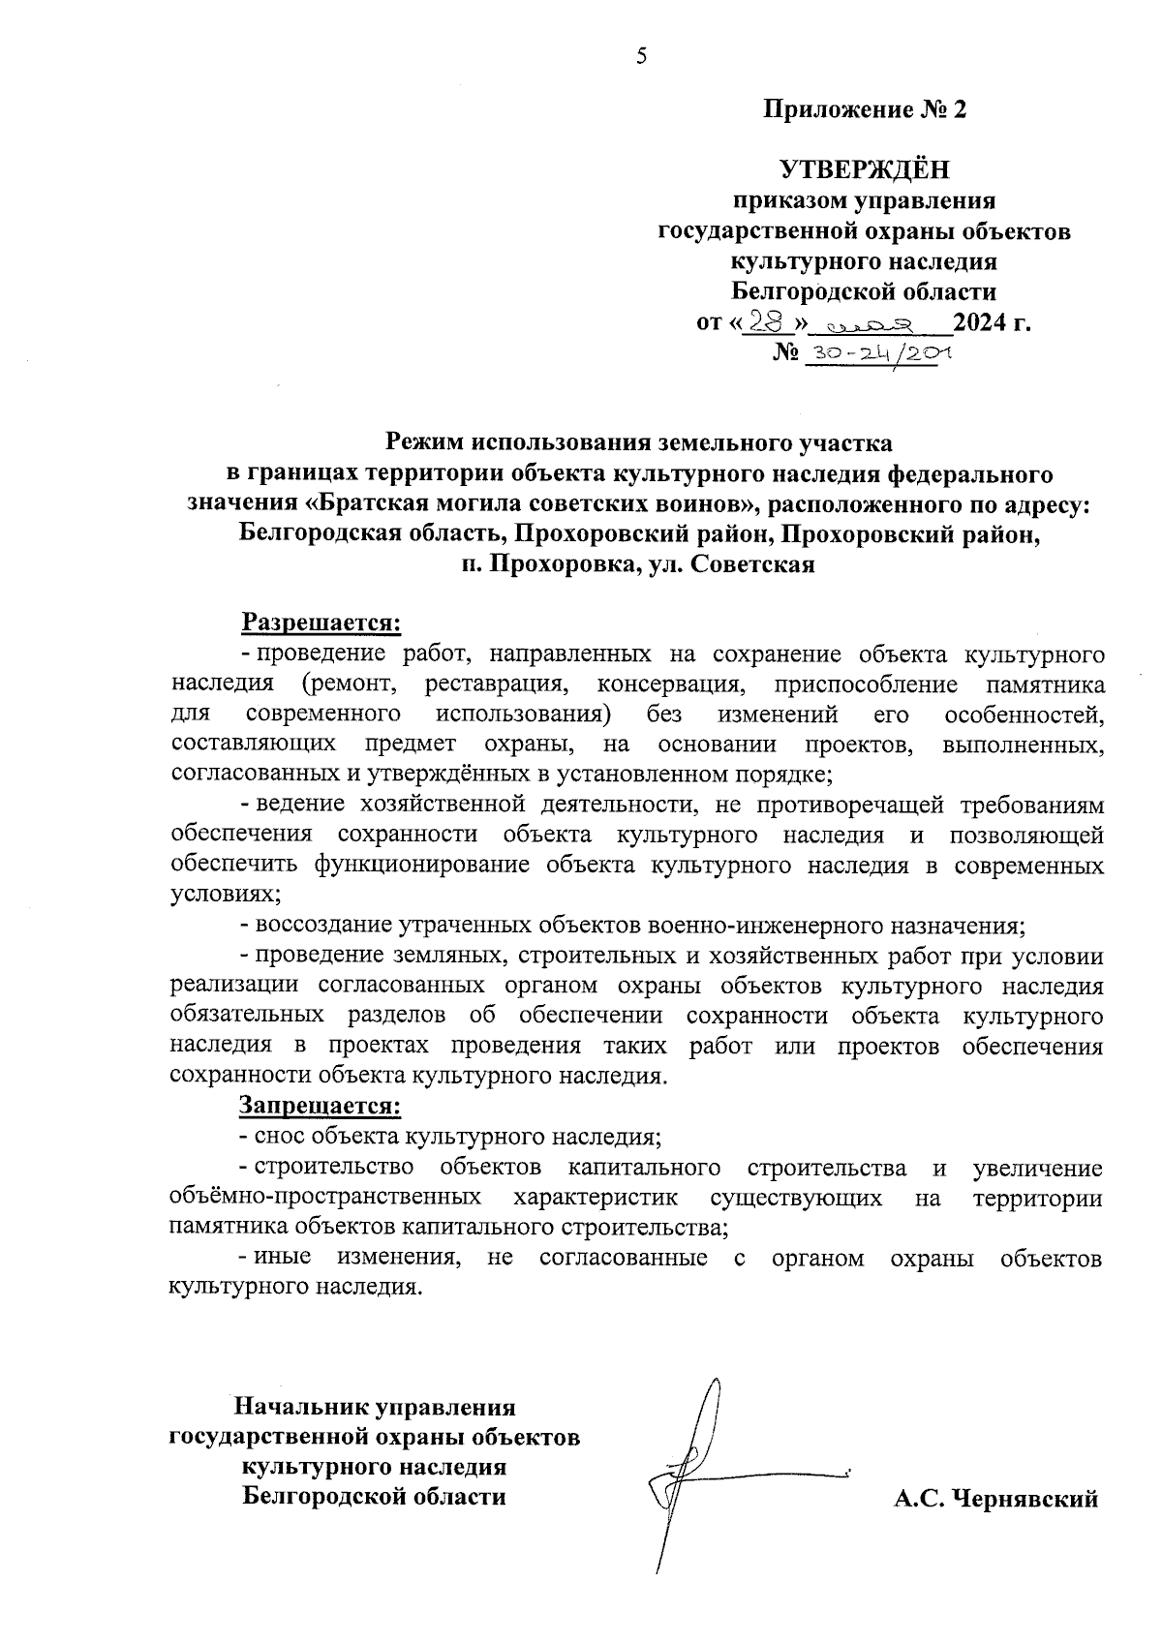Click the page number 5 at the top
(x=640, y=56)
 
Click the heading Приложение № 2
(x=865, y=109)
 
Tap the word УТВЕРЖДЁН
(x=865, y=170)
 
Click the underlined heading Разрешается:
(x=321, y=622)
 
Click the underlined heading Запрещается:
(x=321, y=1105)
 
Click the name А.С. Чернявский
(x=996, y=1500)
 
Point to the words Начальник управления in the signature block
(x=374, y=1406)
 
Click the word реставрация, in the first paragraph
(x=495, y=684)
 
